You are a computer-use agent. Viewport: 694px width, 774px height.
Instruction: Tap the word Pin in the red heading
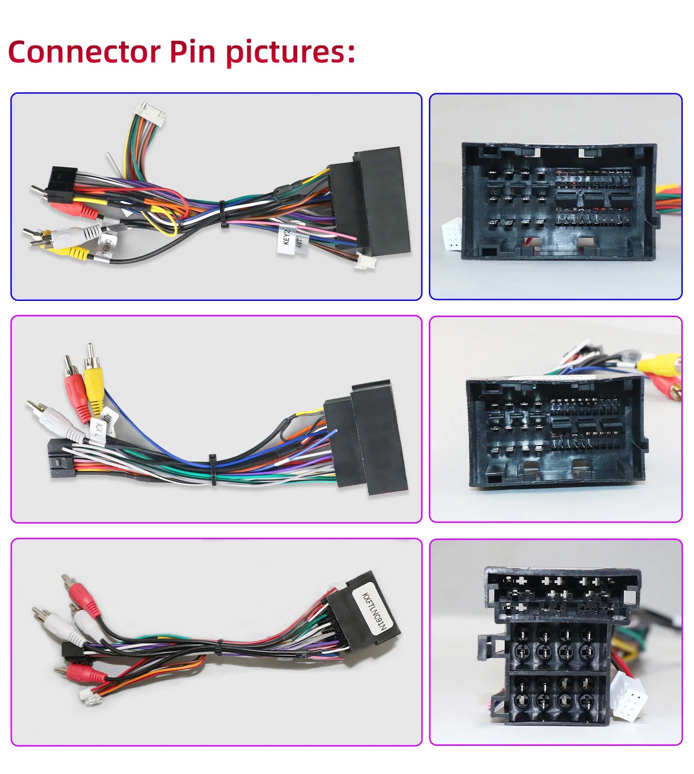[x=192, y=52]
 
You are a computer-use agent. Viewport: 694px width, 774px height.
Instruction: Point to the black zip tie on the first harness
[x=223, y=214]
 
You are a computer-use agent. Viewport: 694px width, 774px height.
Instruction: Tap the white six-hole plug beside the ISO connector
[x=628, y=699]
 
